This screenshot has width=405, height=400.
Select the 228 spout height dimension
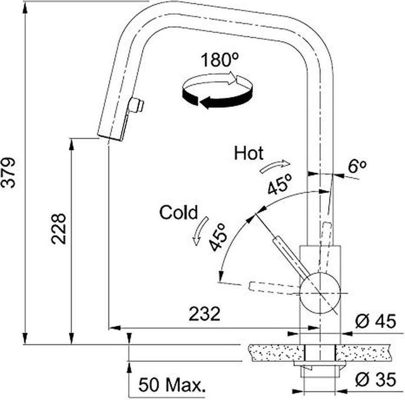[x=58, y=228]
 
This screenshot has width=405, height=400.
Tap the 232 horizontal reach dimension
[x=204, y=314]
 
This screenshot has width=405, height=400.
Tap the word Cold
[x=178, y=212]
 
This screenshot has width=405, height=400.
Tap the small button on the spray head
[x=136, y=105]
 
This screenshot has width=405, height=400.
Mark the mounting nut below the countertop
[x=320, y=369]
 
